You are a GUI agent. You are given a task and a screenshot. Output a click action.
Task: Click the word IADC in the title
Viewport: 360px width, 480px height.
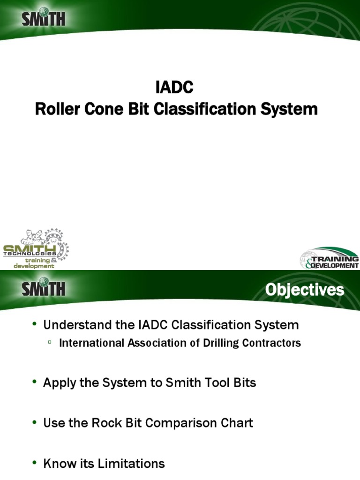click(174, 88)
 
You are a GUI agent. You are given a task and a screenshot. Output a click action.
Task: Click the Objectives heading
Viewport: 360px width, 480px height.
click(304, 290)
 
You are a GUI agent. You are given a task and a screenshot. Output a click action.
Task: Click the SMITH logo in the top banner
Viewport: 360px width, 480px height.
click(44, 19)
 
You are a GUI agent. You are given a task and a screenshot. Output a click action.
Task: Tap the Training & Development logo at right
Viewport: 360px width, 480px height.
click(330, 258)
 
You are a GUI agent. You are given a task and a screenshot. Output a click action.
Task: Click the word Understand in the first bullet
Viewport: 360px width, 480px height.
click(74, 325)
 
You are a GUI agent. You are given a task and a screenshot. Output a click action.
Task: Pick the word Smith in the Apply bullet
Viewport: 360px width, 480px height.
click(189, 382)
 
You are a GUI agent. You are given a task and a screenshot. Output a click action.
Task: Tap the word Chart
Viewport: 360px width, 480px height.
click(238, 423)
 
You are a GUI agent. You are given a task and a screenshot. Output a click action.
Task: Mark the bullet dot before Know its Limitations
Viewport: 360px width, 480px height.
click(34, 463)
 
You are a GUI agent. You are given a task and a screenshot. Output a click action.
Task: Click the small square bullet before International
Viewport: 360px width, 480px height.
click(49, 343)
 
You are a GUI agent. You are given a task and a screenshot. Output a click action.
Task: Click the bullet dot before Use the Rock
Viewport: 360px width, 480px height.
click(34, 422)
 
